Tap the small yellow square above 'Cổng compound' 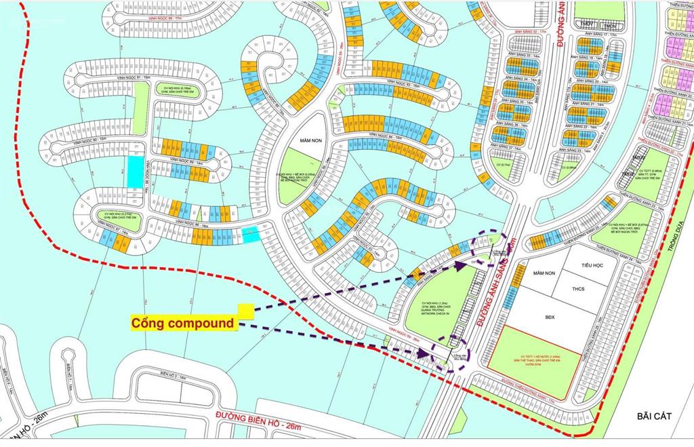point(245,311)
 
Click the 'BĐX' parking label point(549,315)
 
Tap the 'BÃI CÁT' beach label point(653,416)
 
